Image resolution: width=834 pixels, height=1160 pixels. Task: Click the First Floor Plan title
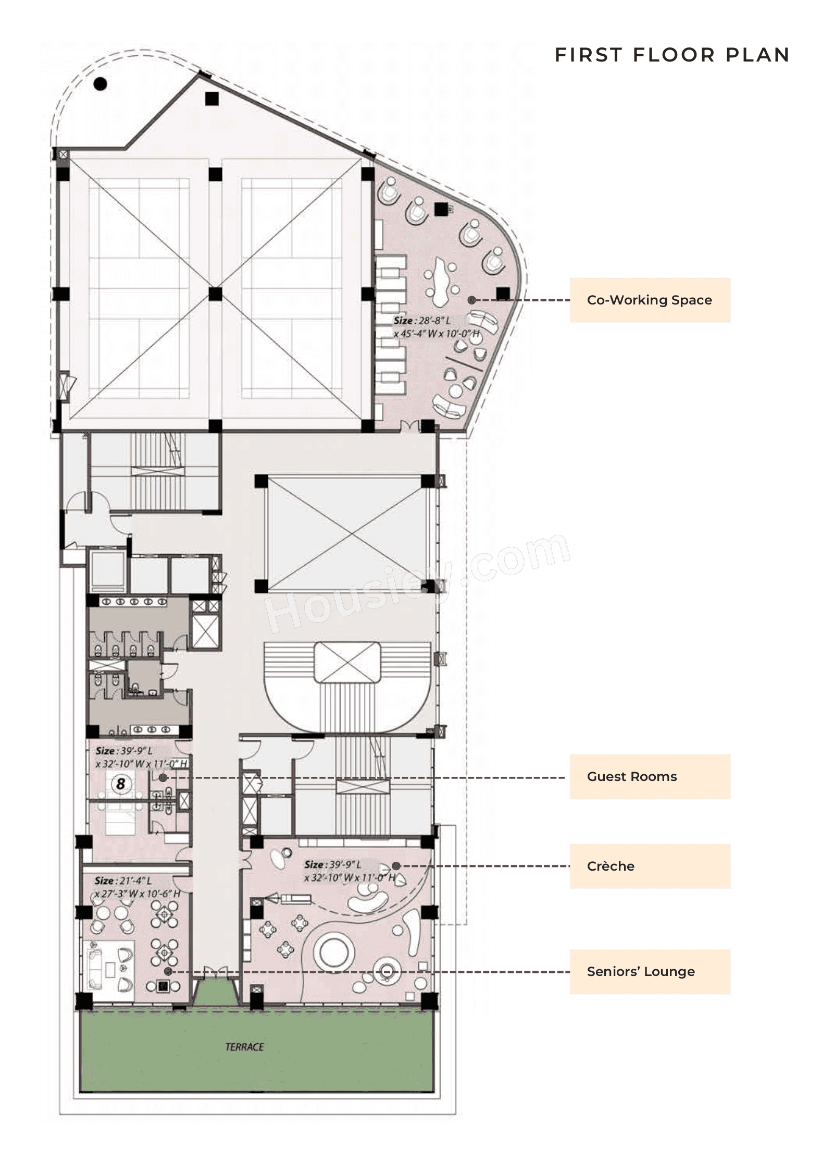tap(671, 55)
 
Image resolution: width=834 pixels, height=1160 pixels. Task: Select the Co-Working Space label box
tap(649, 300)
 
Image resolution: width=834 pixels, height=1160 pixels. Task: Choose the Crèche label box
tap(649, 866)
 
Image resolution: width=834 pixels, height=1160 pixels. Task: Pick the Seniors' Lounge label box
tap(649, 971)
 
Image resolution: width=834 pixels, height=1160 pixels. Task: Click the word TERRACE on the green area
tap(244, 1047)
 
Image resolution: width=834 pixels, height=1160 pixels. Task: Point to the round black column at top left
tap(100, 83)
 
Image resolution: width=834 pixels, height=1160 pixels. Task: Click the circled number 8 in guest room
tap(121, 784)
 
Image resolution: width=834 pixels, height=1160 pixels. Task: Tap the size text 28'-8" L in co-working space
tap(421, 321)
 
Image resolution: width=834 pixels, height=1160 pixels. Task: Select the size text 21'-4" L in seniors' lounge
tap(123, 881)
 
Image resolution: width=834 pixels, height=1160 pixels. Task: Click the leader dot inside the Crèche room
tap(396, 866)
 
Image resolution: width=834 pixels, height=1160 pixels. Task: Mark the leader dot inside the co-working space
tap(471, 300)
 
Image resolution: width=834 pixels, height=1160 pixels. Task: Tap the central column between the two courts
tap(215, 295)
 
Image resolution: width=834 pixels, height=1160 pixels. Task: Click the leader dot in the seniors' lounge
tap(168, 971)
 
